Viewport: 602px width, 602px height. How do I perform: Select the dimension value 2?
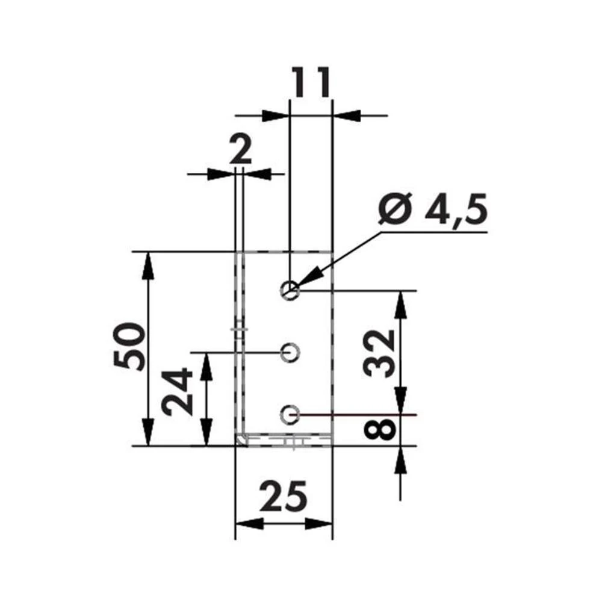pyautogui.click(x=240, y=150)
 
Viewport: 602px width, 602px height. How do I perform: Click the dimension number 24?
pyautogui.click(x=179, y=392)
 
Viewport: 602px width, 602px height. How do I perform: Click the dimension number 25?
pyautogui.click(x=284, y=497)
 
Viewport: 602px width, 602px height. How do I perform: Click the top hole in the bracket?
pyautogui.click(x=290, y=290)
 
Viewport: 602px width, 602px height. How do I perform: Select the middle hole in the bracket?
pyautogui.click(x=290, y=352)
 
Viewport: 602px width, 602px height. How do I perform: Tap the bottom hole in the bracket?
pyautogui.click(x=290, y=414)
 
